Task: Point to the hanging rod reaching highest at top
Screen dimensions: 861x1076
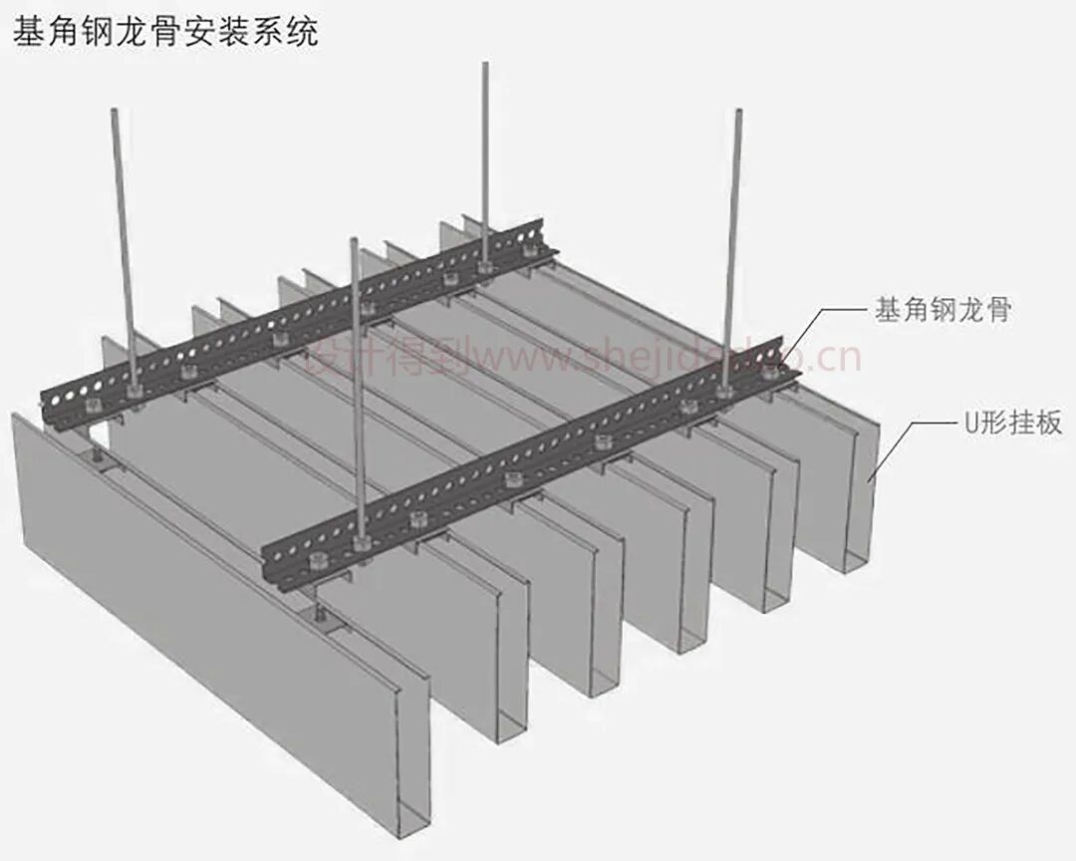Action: coord(485,149)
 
